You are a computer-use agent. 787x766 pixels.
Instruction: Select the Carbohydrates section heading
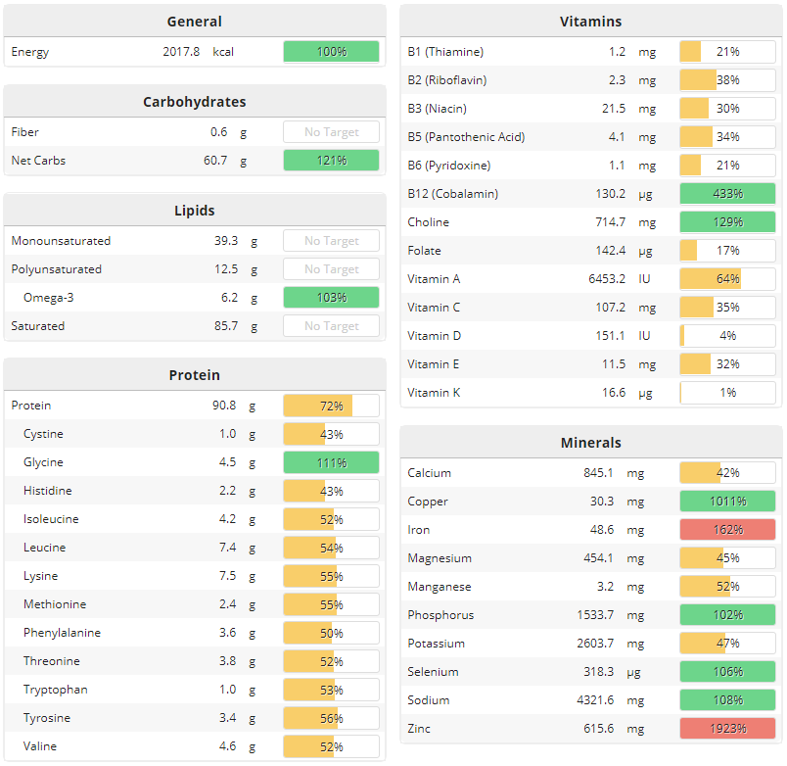tap(194, 101)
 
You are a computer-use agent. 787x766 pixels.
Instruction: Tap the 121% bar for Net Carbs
tap(331, 160)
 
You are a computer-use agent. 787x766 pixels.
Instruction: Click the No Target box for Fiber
tap(331, 131)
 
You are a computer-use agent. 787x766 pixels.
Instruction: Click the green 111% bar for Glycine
tap(331, 462)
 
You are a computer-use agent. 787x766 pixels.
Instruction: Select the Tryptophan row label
tap(55, 690)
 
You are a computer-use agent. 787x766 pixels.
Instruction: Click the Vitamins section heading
tap(590, 21)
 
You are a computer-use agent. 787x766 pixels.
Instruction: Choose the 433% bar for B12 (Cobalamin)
tap(727, 193)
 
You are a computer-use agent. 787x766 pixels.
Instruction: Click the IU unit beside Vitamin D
tap(645, 335)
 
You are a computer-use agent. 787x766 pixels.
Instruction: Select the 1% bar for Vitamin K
tap(727, 392)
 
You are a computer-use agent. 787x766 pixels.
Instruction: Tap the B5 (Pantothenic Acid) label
tap(466, 136)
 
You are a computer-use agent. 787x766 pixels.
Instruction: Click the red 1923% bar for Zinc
tap(727, 728)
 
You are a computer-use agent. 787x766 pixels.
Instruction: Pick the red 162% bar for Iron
tap(727, 529)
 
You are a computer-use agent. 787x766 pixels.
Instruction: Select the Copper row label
tap(428, 501)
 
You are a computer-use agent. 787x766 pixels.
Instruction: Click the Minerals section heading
tap(590, 442)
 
